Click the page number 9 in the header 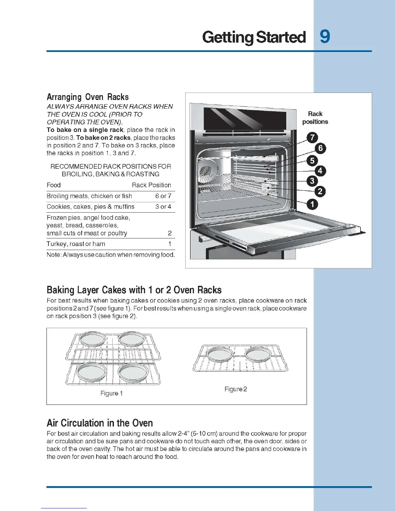pos(325,37)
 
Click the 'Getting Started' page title pos(254,37)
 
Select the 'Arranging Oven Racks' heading pos(87,97)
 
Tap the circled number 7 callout pos(312,138)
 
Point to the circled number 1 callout pos(312,204)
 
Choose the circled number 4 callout pos(320,171)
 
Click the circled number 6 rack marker pos(320,148)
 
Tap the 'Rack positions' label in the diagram pos(315,118)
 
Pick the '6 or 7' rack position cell pos(163,196)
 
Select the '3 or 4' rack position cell pos(163,207)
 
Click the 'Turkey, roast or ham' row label pos(76,244)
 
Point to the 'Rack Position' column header pos(151,185)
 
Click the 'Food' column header pos(54,185)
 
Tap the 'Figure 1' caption pos(111,393)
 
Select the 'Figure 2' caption pos(236,389)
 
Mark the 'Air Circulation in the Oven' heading pos(100,423)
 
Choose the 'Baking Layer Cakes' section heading pos(134,290)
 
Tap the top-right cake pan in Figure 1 pos(131,339)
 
